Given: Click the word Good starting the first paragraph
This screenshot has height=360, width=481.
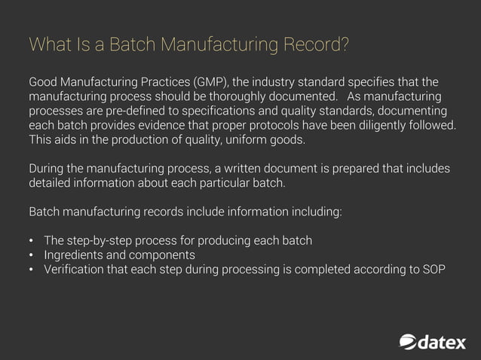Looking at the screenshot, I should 44,81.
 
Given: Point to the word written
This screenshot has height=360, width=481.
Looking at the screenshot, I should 231,168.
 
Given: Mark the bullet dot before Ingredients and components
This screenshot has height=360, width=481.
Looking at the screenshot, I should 32,255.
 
